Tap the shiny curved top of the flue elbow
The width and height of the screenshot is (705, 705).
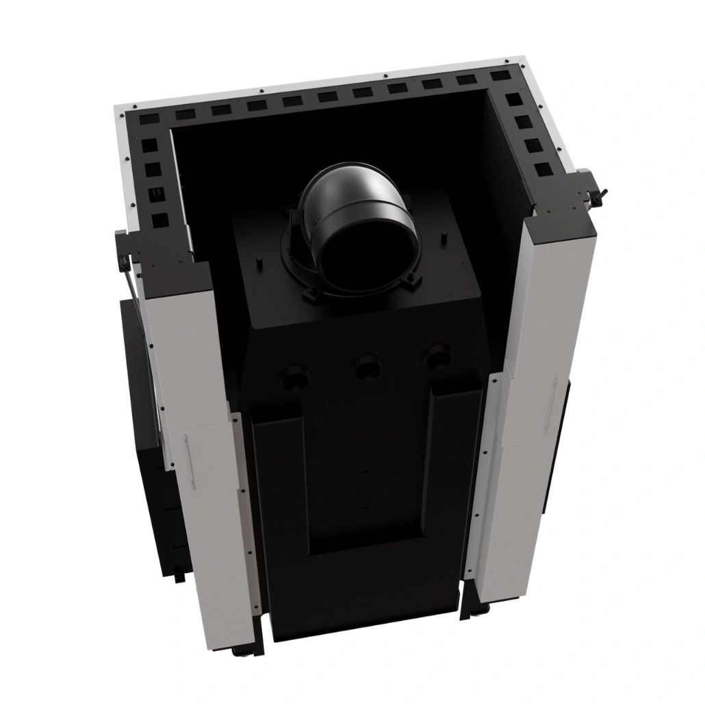(349, 188)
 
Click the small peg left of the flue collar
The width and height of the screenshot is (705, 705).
(259, 260)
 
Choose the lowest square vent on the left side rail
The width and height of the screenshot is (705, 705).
(160, 220)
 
